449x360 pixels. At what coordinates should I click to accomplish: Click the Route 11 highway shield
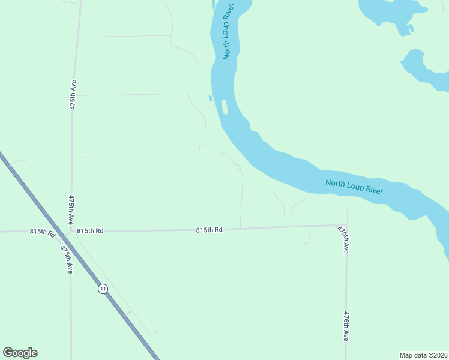(x=103, y=289)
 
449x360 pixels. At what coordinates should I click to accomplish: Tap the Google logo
(x=20, y=353)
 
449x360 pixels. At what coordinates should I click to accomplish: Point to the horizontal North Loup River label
(x=354, y=187)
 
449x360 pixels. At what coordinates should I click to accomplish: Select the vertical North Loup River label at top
(x=228, y=30)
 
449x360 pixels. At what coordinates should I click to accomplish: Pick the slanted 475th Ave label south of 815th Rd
(x=67, y=259)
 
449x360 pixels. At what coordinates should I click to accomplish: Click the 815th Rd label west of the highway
(x=43, y=232)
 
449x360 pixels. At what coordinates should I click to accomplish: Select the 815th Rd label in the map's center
(x=209, y=230)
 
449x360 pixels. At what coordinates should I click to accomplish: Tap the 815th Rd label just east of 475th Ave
(x=90, y=230)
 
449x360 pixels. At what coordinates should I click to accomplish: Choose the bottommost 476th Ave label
(x=346, y=326)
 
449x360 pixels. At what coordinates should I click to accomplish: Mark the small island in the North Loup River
(x=224, y=107)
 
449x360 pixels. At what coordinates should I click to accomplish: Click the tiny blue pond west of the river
(x=210, y=98)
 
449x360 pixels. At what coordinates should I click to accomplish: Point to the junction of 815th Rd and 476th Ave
(x=347, y=226)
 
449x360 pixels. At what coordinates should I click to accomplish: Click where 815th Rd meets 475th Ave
(x=71, y=231)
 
